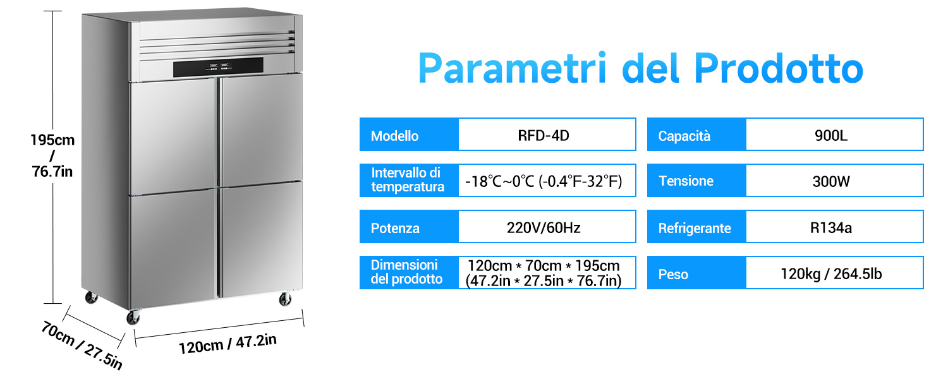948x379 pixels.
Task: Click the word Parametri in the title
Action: tap(512, 68)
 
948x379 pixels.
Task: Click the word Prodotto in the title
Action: tap(779, 68)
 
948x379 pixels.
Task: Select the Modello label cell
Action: tap(409, 135)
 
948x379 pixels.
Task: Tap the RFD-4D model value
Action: tap(544, 135)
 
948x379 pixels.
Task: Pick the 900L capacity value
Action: tap(831, 135)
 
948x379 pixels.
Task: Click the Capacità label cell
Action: tap(696, 135)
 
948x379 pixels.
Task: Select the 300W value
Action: tap(831, 181)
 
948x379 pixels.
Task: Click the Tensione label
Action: tap(686, 181)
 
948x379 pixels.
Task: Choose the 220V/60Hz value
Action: tap(544, 228)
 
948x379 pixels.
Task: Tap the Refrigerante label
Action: tap(695, 229)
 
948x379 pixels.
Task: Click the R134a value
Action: tap(831, 228)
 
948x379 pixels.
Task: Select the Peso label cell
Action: tap(696, 273)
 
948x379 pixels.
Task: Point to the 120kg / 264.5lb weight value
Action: tap(831, 274)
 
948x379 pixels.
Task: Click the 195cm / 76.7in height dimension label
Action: tap(52, 155)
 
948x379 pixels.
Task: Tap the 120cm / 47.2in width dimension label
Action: tap(228, 344)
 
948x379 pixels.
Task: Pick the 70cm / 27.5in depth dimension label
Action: tap(82, 345)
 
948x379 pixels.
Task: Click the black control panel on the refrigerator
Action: tap(218, 67)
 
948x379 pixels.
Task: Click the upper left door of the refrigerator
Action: tap(173, 136)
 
